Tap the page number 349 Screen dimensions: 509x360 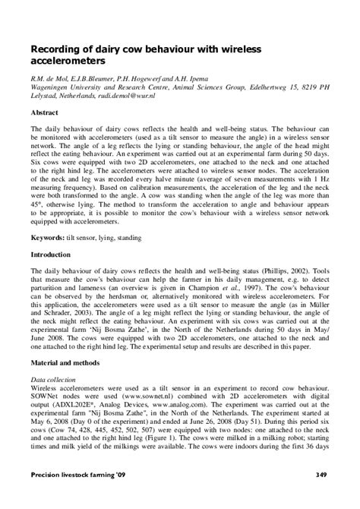pos(321,496)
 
